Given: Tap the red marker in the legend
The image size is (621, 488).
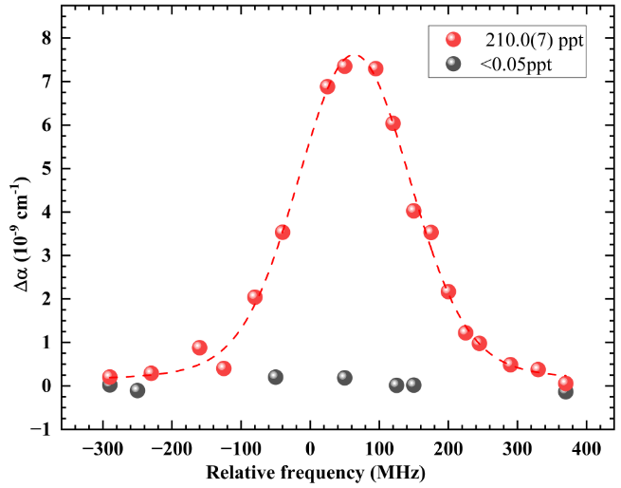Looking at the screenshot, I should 453,40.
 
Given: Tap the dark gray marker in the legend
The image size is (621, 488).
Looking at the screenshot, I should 453,65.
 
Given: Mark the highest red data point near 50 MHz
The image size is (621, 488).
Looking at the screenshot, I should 344,66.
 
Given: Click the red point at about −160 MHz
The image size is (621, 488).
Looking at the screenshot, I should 199,347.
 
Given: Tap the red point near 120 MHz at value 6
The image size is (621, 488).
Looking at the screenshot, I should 393,123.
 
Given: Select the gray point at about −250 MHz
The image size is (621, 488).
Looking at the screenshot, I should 137,390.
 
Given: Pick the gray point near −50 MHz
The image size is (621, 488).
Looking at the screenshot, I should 275,377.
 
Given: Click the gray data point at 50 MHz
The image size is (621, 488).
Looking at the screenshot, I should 344,378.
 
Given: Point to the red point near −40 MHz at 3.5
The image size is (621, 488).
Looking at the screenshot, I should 283,233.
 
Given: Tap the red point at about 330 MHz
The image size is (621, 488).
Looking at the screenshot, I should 538,369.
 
